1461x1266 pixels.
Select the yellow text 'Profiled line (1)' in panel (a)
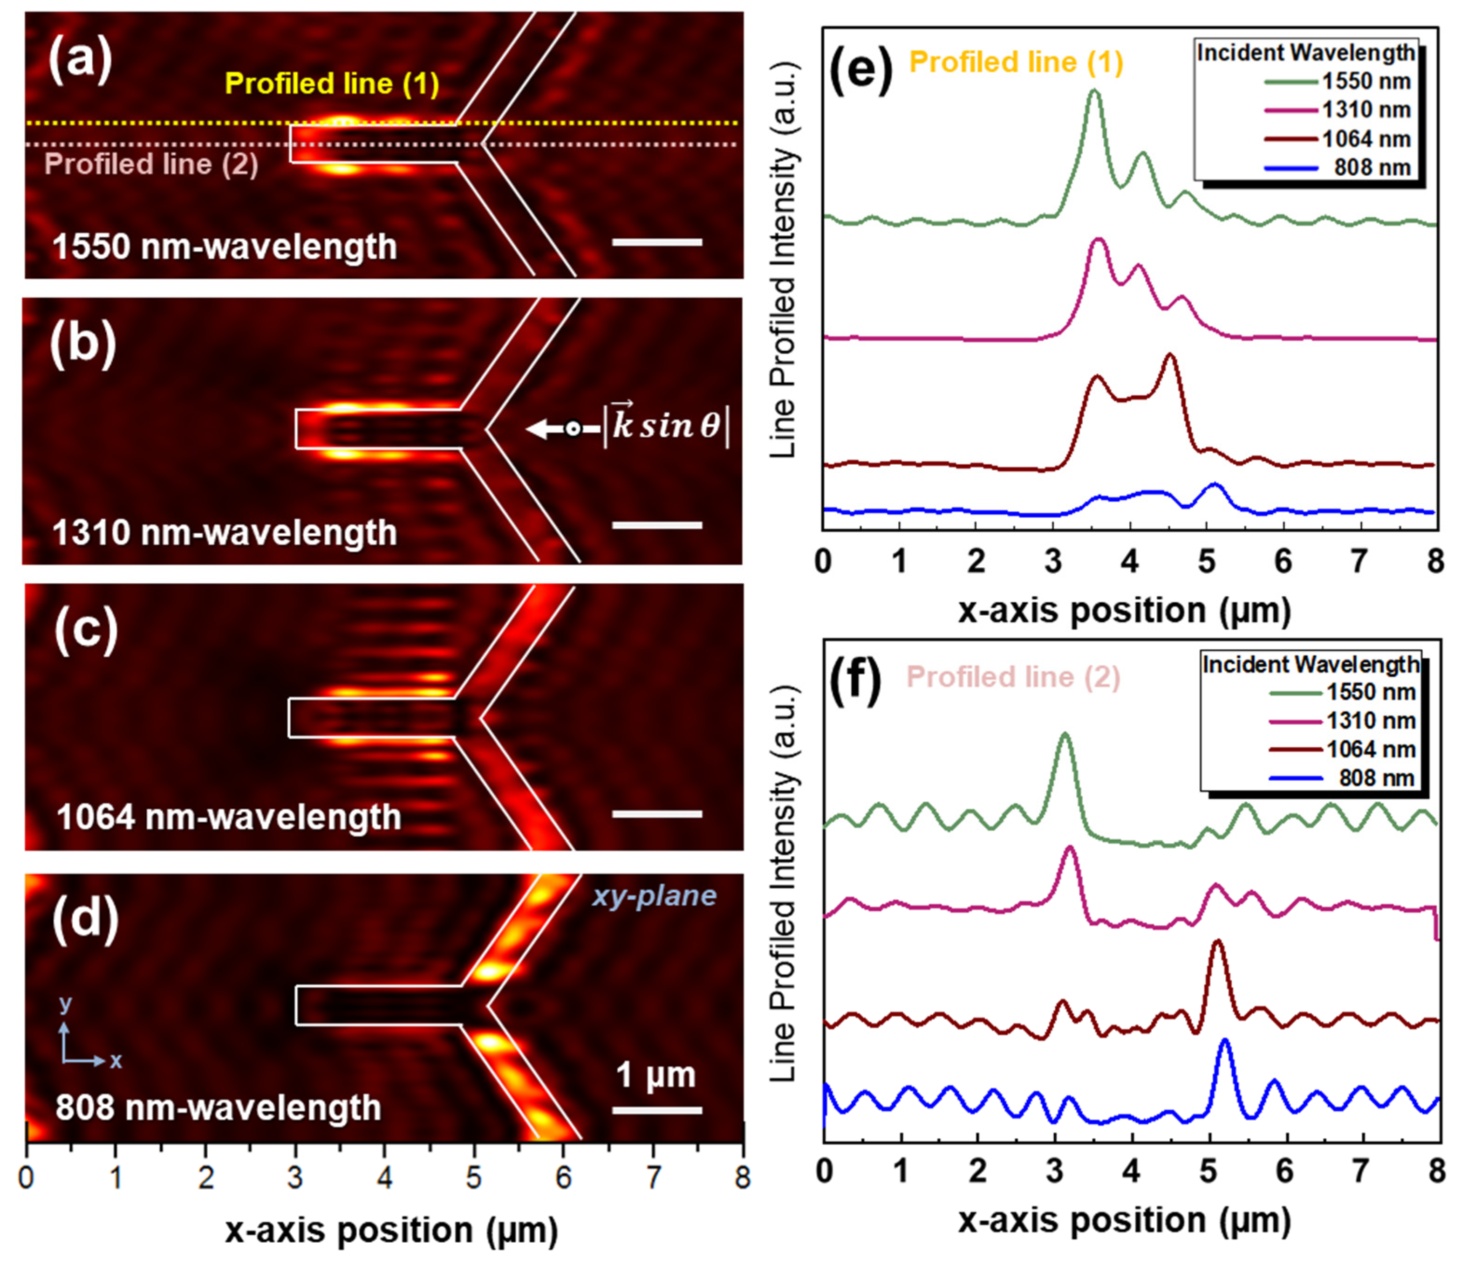tap(331, 84)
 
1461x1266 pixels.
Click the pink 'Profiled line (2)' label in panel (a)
tap(151, 165)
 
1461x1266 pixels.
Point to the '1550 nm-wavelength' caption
tap(225, 247)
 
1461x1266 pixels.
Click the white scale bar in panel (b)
tap(657, 525)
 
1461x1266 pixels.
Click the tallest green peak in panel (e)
tap(1094, 92)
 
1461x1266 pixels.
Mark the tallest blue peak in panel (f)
tap(1224, 1041)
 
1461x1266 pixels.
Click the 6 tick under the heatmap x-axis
tap(563, 1178)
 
